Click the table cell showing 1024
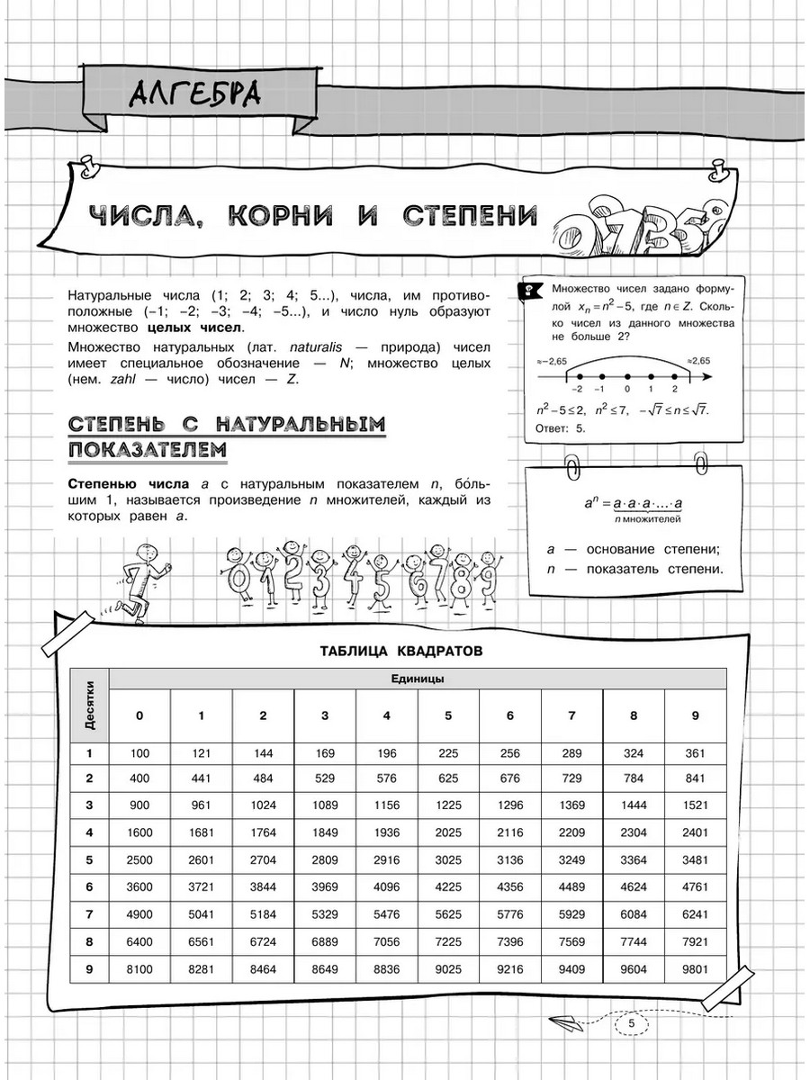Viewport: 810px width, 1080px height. coord(263,805)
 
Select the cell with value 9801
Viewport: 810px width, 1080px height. coord(695,970)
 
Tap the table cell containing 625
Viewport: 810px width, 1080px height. coord(448,778)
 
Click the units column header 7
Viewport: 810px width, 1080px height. coord(571,715)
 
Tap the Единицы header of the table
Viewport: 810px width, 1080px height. coord(418,679)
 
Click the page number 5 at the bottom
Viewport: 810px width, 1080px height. coord(632,1024)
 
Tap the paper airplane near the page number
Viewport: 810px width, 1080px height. coord(565,1021)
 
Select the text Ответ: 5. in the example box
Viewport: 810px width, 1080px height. coord(561,427)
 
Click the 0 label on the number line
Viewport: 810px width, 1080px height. coord(626,388)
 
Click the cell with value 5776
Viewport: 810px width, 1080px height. coord(509,914)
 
